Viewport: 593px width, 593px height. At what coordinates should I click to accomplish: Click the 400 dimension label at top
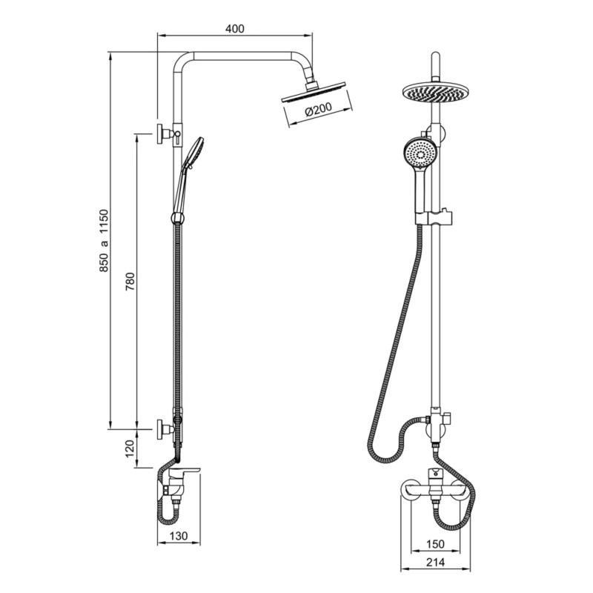click(x=234, y=29)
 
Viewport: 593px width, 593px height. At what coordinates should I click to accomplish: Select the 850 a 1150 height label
click(x=105, y=240)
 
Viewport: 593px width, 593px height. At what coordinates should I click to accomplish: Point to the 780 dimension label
click(x=130, y=282)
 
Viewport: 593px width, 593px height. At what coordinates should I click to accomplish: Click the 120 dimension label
click(x=130, y=448)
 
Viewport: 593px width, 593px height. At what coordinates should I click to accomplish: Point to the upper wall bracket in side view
click(x=167, y=134)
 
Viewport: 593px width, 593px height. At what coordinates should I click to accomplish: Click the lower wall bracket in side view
click(x=167, y=428)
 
